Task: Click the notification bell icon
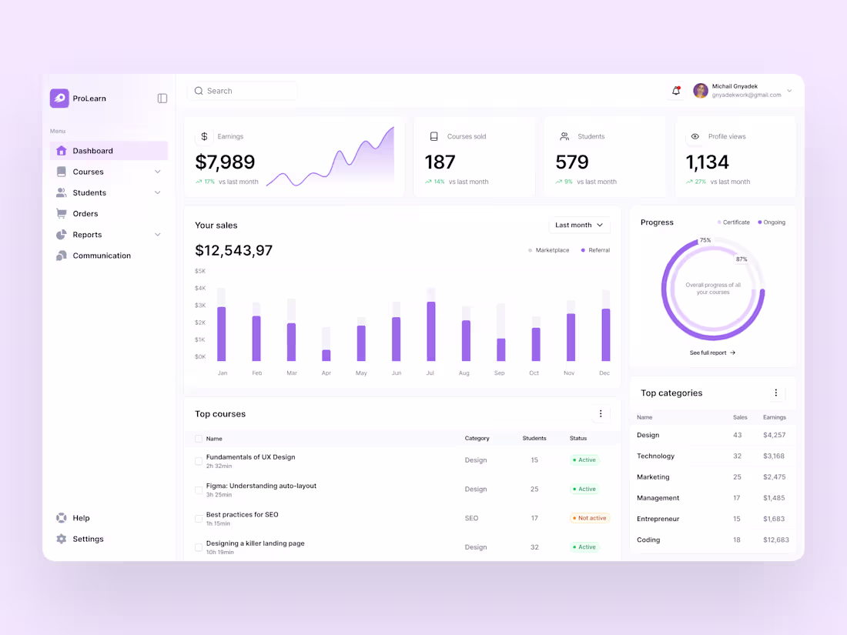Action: [676, 91]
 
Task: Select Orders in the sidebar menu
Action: [85, 214]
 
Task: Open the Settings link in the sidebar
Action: [88, 540]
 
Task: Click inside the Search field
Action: [243, 91]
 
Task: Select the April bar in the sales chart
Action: [326, 355]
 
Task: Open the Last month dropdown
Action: [579, 226]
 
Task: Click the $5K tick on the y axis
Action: [200, 271]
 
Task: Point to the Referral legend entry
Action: [595, 250]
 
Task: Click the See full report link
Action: [712, 353]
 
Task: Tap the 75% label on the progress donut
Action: [705, 240]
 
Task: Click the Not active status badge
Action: [590, 518]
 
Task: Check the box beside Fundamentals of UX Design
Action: [199, 461]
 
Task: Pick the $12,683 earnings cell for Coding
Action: [775, 540]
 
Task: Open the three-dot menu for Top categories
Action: [775, 393]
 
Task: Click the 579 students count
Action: [572, 162]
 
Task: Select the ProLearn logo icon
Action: [59, 99]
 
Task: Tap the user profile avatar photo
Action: [701, 91]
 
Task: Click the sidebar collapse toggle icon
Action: [162, 99]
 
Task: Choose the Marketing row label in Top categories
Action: [653, 477]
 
